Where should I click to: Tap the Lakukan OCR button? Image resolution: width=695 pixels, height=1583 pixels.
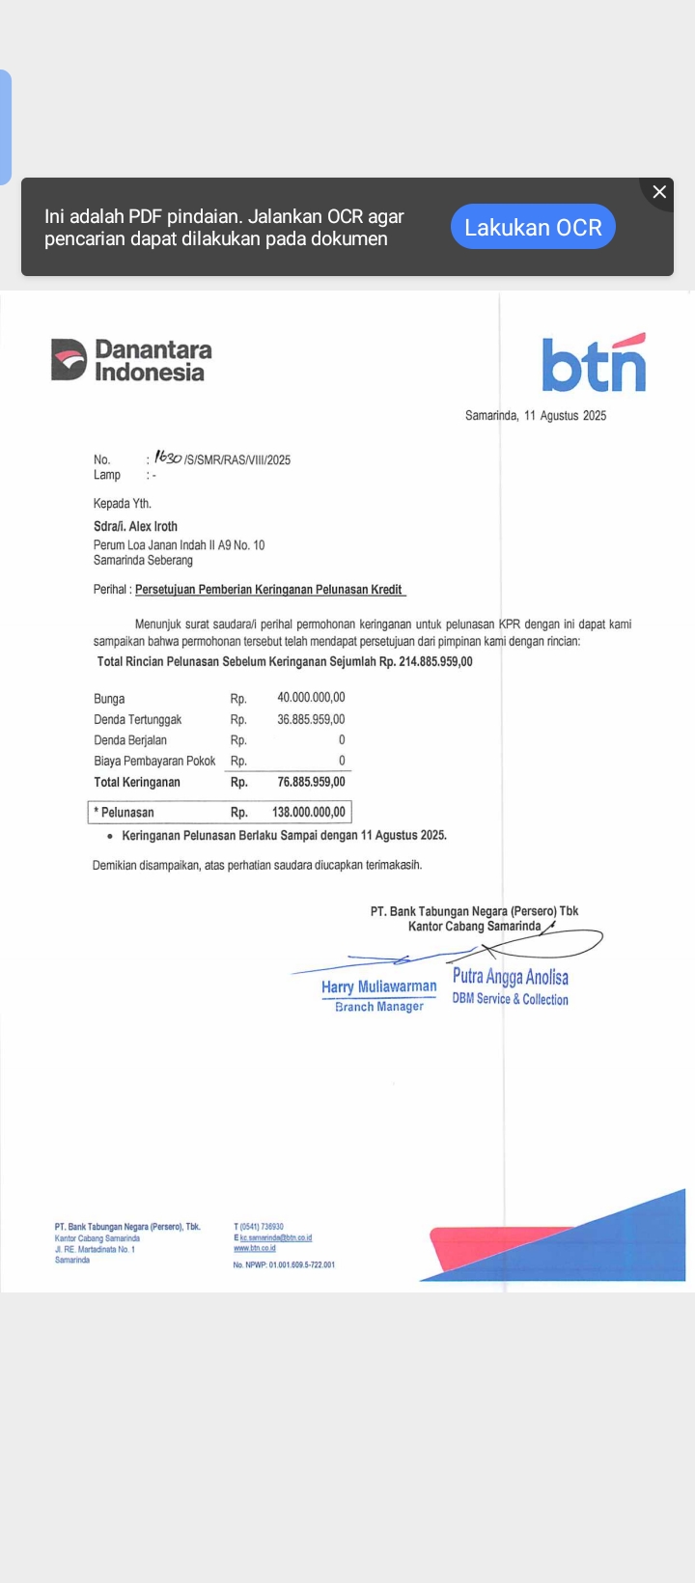(x=533, y=227)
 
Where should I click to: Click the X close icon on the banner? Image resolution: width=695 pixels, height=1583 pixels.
(x=659, y=192)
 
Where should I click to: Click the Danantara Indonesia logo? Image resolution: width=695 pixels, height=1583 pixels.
(x=131, y=360)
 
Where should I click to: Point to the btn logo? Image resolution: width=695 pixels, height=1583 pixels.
(x=594, y=363)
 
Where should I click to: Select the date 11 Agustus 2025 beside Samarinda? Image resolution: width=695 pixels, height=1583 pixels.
(x=565, y=416)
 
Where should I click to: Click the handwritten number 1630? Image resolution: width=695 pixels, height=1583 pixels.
(x=168, y=458)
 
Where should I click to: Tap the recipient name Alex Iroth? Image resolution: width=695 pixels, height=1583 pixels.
(x=153, y=527)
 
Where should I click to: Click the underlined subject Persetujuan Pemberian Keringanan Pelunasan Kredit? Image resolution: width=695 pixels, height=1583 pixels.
(x=268, y=590)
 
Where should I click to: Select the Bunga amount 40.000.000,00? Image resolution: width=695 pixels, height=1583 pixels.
(x=311, y=698)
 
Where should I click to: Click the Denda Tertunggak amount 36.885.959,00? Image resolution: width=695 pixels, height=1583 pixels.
(x=311, y=719)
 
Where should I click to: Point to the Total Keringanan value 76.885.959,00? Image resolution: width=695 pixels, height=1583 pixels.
(x=311, y=782)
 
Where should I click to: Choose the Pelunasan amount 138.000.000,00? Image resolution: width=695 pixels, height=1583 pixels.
(x=309, y=813)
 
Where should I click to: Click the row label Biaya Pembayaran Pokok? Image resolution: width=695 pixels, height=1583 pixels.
(x=154, y=762)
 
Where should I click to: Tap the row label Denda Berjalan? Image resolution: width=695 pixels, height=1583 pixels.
(x=130, y=740)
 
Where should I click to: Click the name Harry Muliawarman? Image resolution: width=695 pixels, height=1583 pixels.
(x=378, y=986)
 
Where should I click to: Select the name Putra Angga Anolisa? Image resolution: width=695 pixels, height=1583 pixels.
(x=511, y=977)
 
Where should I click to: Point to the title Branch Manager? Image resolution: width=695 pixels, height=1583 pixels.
(x=379, y=1007)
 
